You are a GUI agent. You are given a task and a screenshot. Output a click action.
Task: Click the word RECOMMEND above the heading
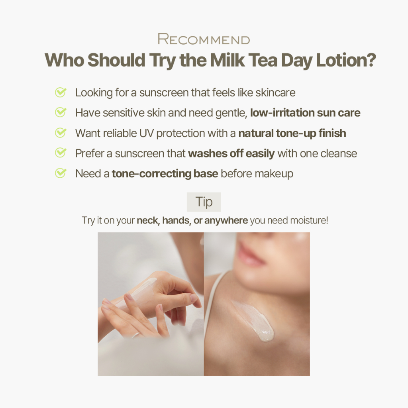(x=204, y=39)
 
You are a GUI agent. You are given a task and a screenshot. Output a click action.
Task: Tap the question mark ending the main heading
(x=372, y=60)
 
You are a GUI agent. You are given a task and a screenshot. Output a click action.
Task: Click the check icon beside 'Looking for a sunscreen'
(x=61, y=92)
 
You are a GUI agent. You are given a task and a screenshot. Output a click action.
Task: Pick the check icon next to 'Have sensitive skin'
(x=61, y=112)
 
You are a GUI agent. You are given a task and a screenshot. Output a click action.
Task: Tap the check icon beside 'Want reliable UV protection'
(x=61, y=133)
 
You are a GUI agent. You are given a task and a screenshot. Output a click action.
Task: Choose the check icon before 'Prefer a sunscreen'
(x=61, y=153)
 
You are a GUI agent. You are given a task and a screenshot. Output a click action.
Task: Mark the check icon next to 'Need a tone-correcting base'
(x=61, y=173)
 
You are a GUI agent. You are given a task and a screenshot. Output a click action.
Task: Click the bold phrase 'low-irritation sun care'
(x=305, y=113)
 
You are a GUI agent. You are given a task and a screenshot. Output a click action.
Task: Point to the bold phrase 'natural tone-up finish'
(x=292, y=133)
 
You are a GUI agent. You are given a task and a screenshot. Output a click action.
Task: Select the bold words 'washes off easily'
(x=231, y=153)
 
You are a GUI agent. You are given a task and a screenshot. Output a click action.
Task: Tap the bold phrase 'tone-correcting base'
(x=165, y=174)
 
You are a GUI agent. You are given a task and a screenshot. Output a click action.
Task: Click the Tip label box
(x=204, y=202)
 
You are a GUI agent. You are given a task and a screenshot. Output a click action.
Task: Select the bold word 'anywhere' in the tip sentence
(x=226, y=221)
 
